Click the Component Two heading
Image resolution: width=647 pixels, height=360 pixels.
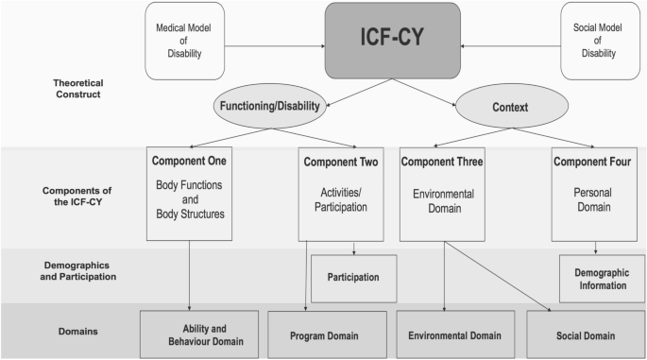(x=341, y=162)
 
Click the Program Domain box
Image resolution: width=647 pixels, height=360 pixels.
(x=327, y=335)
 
